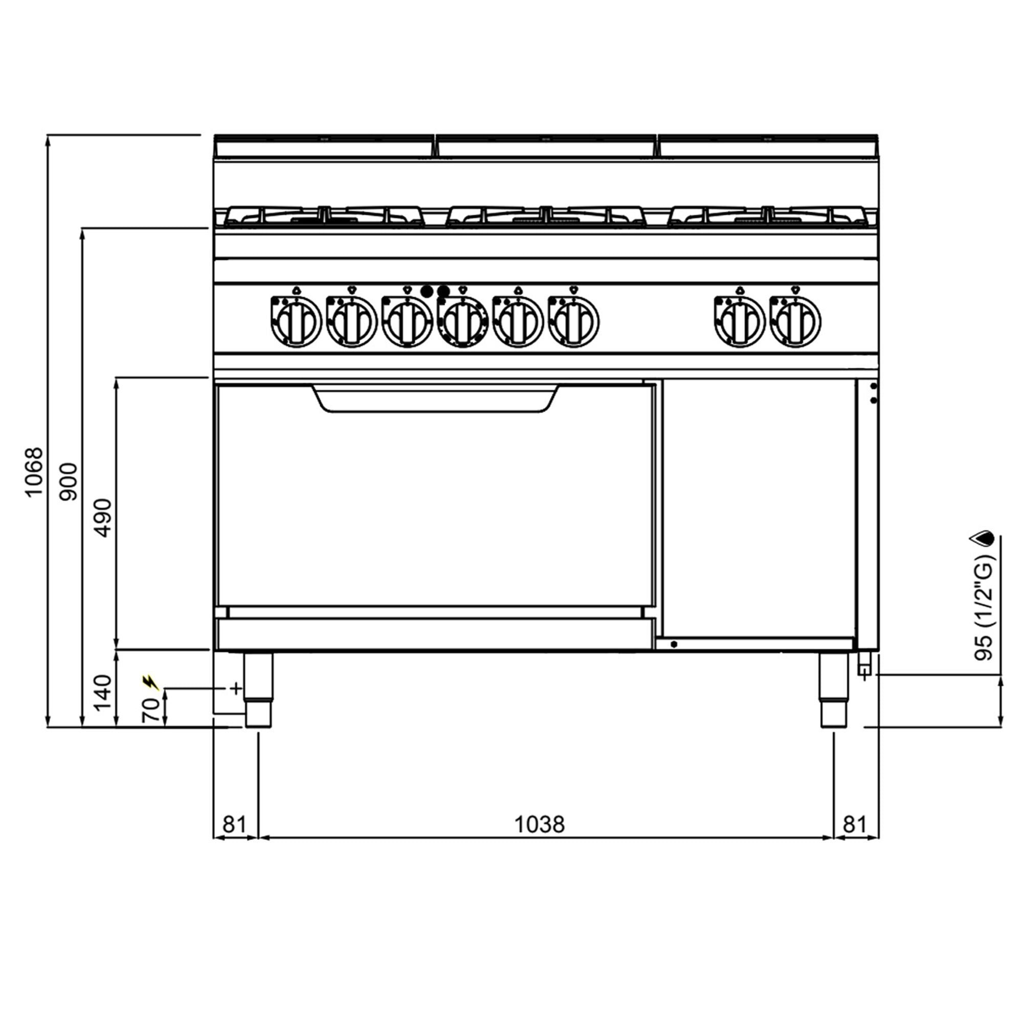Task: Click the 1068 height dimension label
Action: click(34, 472)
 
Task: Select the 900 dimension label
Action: click(68, 481)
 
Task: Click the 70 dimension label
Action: click(151, 710)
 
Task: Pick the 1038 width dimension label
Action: click(540, 825)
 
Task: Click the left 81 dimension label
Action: click(235, 825)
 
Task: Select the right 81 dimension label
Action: click(855, 825)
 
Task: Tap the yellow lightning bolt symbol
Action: click(151, 682)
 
